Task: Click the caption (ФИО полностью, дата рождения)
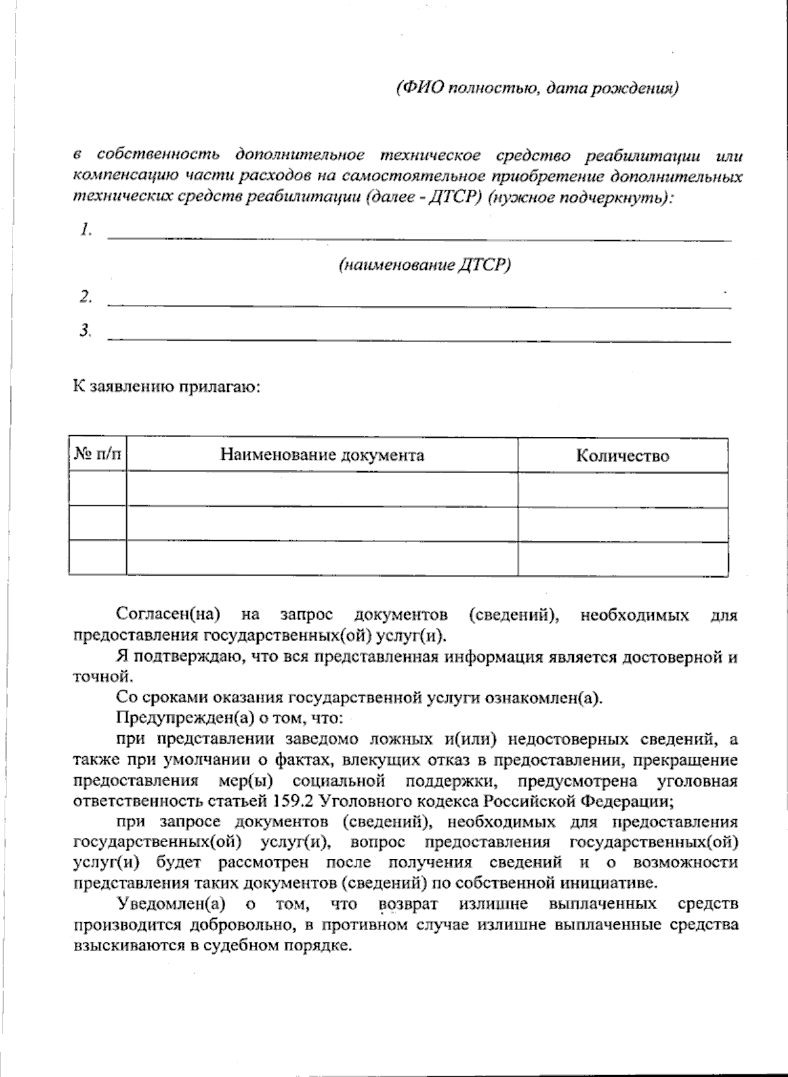click(x=536, y=88)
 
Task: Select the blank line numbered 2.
click(x=419, y=303)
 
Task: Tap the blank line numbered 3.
click(x=419, y=337)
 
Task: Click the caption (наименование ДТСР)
click(x=424, y=265)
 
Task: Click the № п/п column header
click(x=98, y=455)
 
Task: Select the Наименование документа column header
click(x=322, y=455)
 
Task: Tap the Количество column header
click(x=623, y=455)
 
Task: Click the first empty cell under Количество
click(x=623, y=490)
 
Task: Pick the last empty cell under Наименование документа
click(x=322, y=558)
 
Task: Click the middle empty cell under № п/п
click(x=98, y=523)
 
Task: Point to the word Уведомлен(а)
click(x=171, y=904)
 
